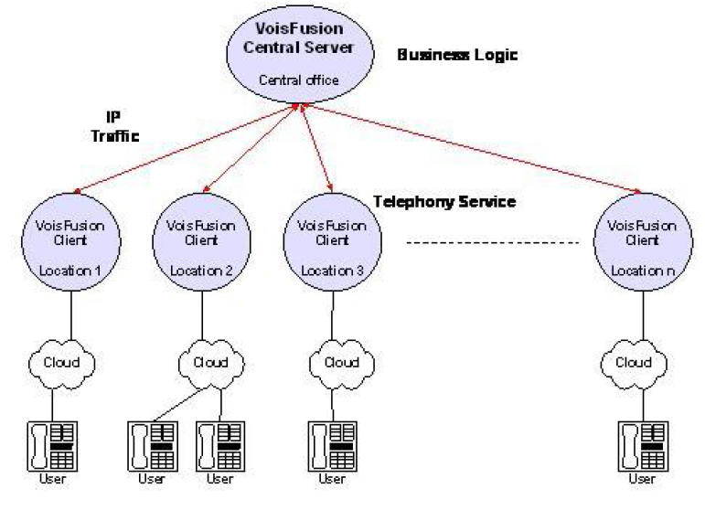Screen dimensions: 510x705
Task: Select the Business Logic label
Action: coord(457,56)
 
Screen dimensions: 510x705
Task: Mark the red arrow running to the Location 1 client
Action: coord(183,149)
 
